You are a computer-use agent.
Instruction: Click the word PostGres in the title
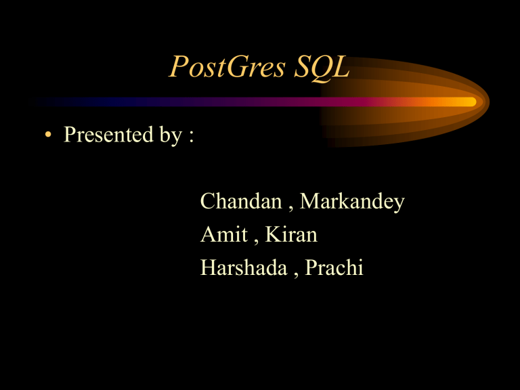point(226,68)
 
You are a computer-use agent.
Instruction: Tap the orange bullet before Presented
point(46,135)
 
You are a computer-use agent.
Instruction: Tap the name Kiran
point(291,235)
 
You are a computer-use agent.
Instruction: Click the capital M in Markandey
point(310,201)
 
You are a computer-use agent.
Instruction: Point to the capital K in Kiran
point(272,235)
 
